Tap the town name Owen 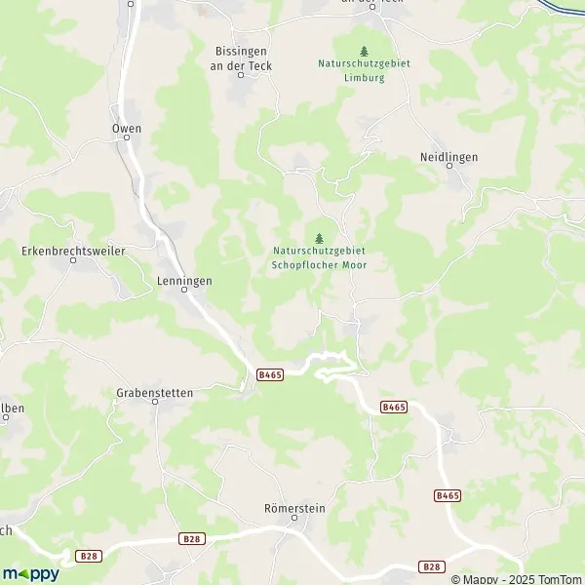click(x=127, y=129)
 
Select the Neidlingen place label click(x=449, y=156)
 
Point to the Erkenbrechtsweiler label click(x=73, y=251)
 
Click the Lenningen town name click(x=183, y=280)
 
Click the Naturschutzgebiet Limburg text click(x=364, y=71)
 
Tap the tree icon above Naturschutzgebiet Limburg click(x=364, y=51)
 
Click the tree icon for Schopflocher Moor click(x=319, y=237)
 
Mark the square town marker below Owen click(x=127, y=143)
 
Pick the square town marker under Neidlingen click(x=449, y=168)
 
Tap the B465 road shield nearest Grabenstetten click(x=270, y=374)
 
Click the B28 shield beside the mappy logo click(x=89, y=555)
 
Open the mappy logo click(x=31, y=572)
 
